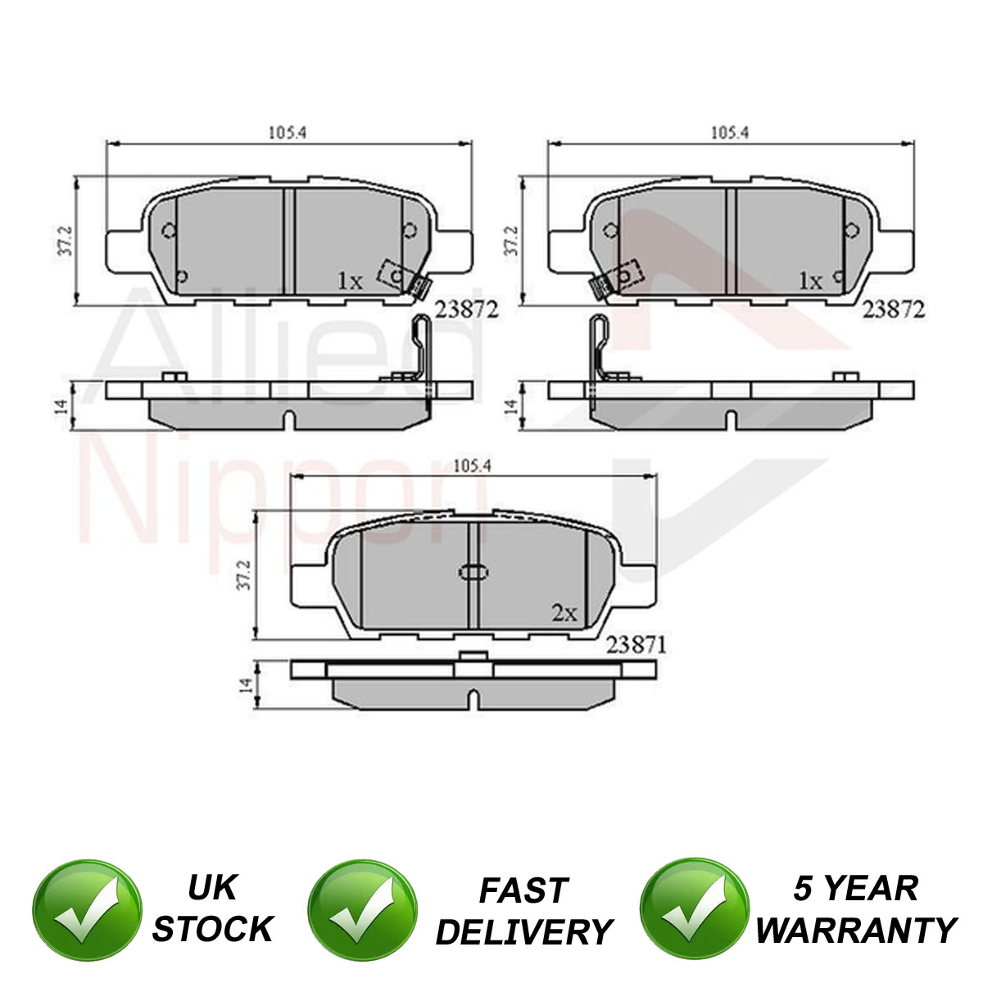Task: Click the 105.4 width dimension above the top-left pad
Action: point(288,133)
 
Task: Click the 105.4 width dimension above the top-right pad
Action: point(730,133)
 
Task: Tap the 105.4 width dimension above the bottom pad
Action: point(472,466)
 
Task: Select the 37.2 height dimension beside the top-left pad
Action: point(68,242)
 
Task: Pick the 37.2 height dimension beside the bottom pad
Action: point(246,575)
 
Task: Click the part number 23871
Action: point(636,646)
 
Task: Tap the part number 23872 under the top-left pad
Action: point(465,310)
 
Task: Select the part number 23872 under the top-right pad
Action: point(893,310)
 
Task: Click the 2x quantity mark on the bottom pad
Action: point(564,614)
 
